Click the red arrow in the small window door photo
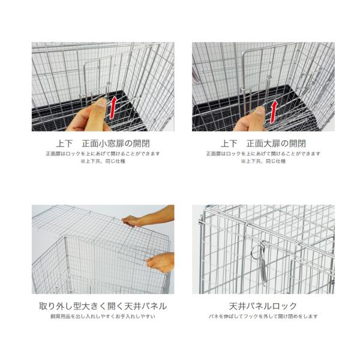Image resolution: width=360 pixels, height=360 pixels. pyautogui.click(x=113, y=108)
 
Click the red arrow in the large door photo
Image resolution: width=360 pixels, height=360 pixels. pyautogui.click(x=274, y=112)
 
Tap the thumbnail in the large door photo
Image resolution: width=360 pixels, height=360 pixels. pyautogui.click(x=260, y=111)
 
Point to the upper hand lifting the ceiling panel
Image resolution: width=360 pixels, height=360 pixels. pyautogui.click(x=147, y=218)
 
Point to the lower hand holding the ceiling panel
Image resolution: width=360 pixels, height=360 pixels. pyautogui.click(x=160, y=262)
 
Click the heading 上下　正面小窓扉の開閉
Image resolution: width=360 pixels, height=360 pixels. pyautogui.click(x=103, y=144)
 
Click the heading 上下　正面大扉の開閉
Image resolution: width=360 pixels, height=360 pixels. pyautogui.click(x=263, y=144)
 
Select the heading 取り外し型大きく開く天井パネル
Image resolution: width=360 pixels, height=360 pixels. pyautogui.click(x=103, y=306)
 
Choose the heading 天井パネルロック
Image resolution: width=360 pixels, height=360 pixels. pyautogui.click(x=263, y=306)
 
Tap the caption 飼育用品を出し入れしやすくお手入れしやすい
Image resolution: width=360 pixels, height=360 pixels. pyautogui.click(x=103, y=316)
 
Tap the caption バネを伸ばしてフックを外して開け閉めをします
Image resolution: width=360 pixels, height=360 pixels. pyautogui.click(x=263, y=316)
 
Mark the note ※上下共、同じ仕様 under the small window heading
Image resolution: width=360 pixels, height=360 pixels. pyautogui.click(x=103, y=161)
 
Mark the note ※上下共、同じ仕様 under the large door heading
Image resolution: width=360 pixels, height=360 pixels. pyautogui.click(x=263, y=161)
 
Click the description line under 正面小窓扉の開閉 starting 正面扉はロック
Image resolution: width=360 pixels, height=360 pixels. pyautogui.click(x=103, y=154)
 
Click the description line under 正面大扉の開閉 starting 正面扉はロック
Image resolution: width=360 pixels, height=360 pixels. pyautogui.click(x=263, y=154)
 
